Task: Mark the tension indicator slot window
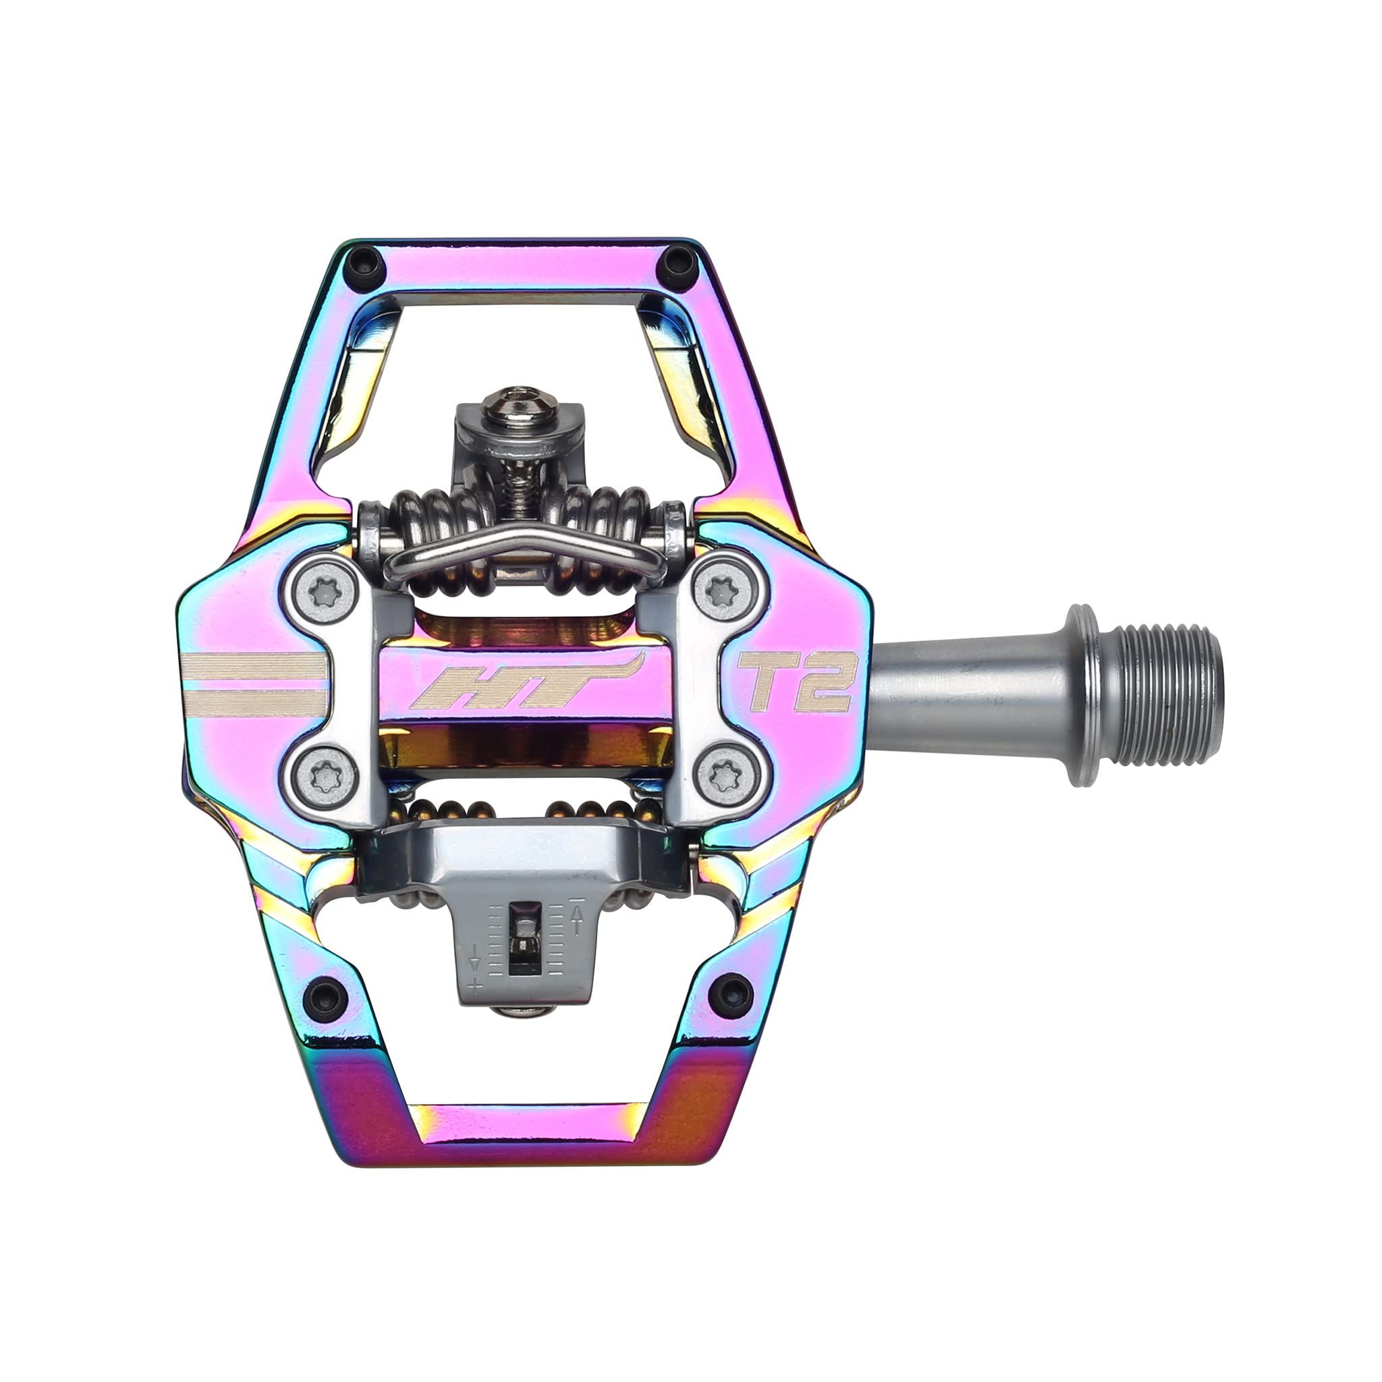click(x=523, y=937)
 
